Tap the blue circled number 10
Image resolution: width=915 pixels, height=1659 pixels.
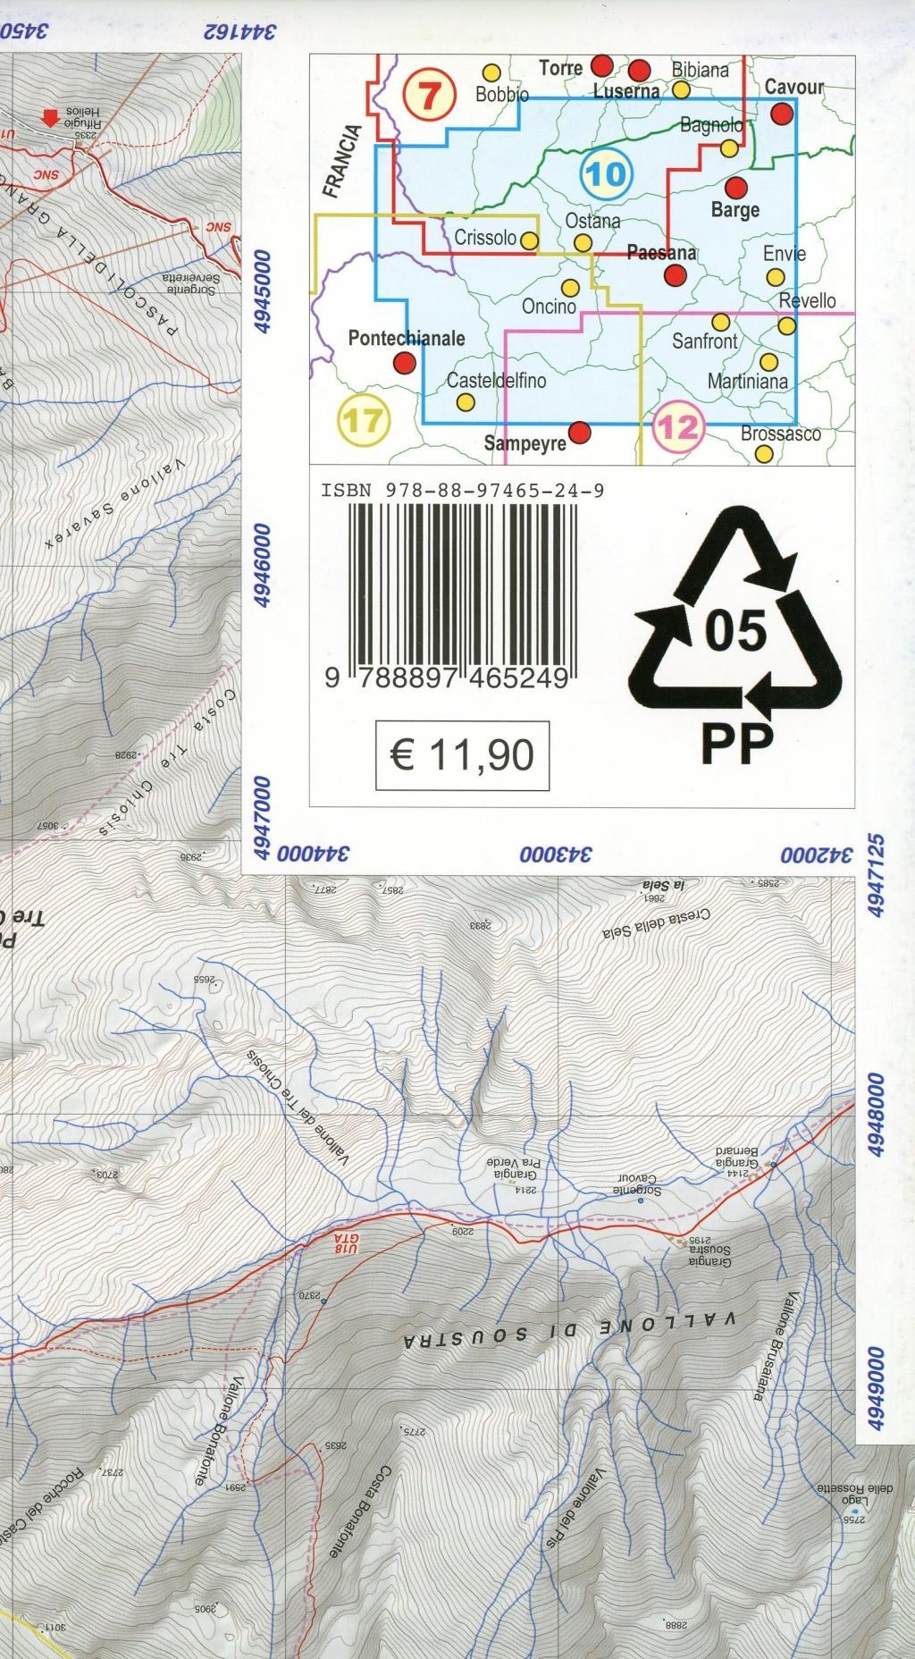[606, 173]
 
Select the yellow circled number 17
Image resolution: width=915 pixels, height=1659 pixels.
[365, 420]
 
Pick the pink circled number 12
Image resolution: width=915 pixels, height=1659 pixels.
[676, 427]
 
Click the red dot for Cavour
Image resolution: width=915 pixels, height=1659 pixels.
[782, 114]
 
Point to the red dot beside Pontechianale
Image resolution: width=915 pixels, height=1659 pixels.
[405, 362]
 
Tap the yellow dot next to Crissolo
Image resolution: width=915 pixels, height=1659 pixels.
[529, 240]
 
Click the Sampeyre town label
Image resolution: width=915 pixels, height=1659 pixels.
[525, 443]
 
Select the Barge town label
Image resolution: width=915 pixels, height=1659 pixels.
[735, 210]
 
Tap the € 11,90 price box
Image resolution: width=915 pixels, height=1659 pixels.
[462, 755]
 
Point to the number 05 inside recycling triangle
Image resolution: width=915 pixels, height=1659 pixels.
[736, 630]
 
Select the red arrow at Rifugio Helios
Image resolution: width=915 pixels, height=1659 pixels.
[53, 118]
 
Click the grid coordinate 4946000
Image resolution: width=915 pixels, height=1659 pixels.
[262, 567]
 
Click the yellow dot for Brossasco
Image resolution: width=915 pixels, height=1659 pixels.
[764, 453]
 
